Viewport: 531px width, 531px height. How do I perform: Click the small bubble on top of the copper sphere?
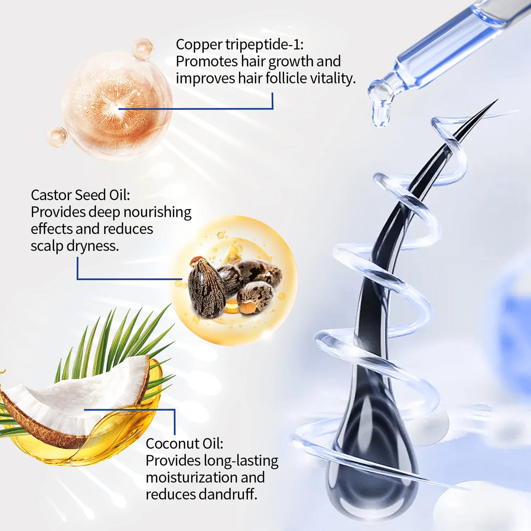[143, 49]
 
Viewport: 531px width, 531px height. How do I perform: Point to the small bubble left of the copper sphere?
[57, 136]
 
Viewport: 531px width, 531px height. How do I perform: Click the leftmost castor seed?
[206, 288]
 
